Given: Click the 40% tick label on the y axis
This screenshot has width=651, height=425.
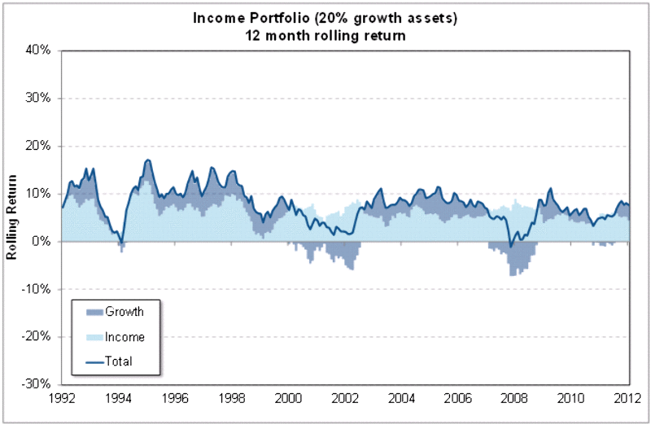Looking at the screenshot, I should (39, 50).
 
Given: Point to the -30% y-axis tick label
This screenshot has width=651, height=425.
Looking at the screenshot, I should (37, 383).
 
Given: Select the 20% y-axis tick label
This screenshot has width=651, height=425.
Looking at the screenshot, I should (39, 146).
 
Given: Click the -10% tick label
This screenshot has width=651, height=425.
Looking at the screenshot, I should (37, 288).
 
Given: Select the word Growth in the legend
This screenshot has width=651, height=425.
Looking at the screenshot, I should (125, 311).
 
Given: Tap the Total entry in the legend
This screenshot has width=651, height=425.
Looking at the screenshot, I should (119, 360).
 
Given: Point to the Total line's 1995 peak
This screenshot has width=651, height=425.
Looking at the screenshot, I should (147, 160).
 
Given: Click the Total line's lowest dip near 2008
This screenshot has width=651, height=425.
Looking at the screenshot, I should (511, 246).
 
